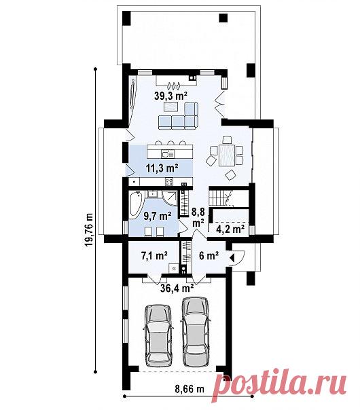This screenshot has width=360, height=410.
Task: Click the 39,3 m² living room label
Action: (170, 96)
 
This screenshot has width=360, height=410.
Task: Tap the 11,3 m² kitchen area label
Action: (162, 168)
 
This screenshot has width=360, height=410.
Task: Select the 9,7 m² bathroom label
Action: (158, 216)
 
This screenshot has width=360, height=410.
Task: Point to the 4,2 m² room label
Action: (230, 229)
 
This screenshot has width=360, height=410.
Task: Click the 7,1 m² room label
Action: (154, 255)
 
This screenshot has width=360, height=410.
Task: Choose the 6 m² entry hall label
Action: (209, 255)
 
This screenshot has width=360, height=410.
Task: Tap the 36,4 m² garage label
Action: (177, 288)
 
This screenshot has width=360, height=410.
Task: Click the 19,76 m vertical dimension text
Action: (90, 229)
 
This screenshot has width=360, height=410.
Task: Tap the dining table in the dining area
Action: (226, 155)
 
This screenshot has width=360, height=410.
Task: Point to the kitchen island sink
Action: (168, 154)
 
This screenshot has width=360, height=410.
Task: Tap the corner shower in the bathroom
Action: (170, 198)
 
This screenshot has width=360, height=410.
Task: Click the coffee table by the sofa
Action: (171, 107)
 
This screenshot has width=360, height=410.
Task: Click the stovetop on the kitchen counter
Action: (169, 181)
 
